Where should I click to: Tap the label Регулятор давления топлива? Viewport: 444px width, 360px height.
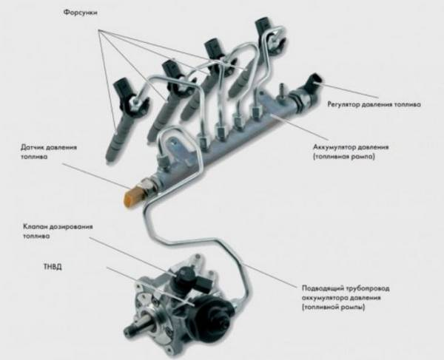[x=374, y=105]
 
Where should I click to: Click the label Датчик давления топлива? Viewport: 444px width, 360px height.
[x=47, y=151]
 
